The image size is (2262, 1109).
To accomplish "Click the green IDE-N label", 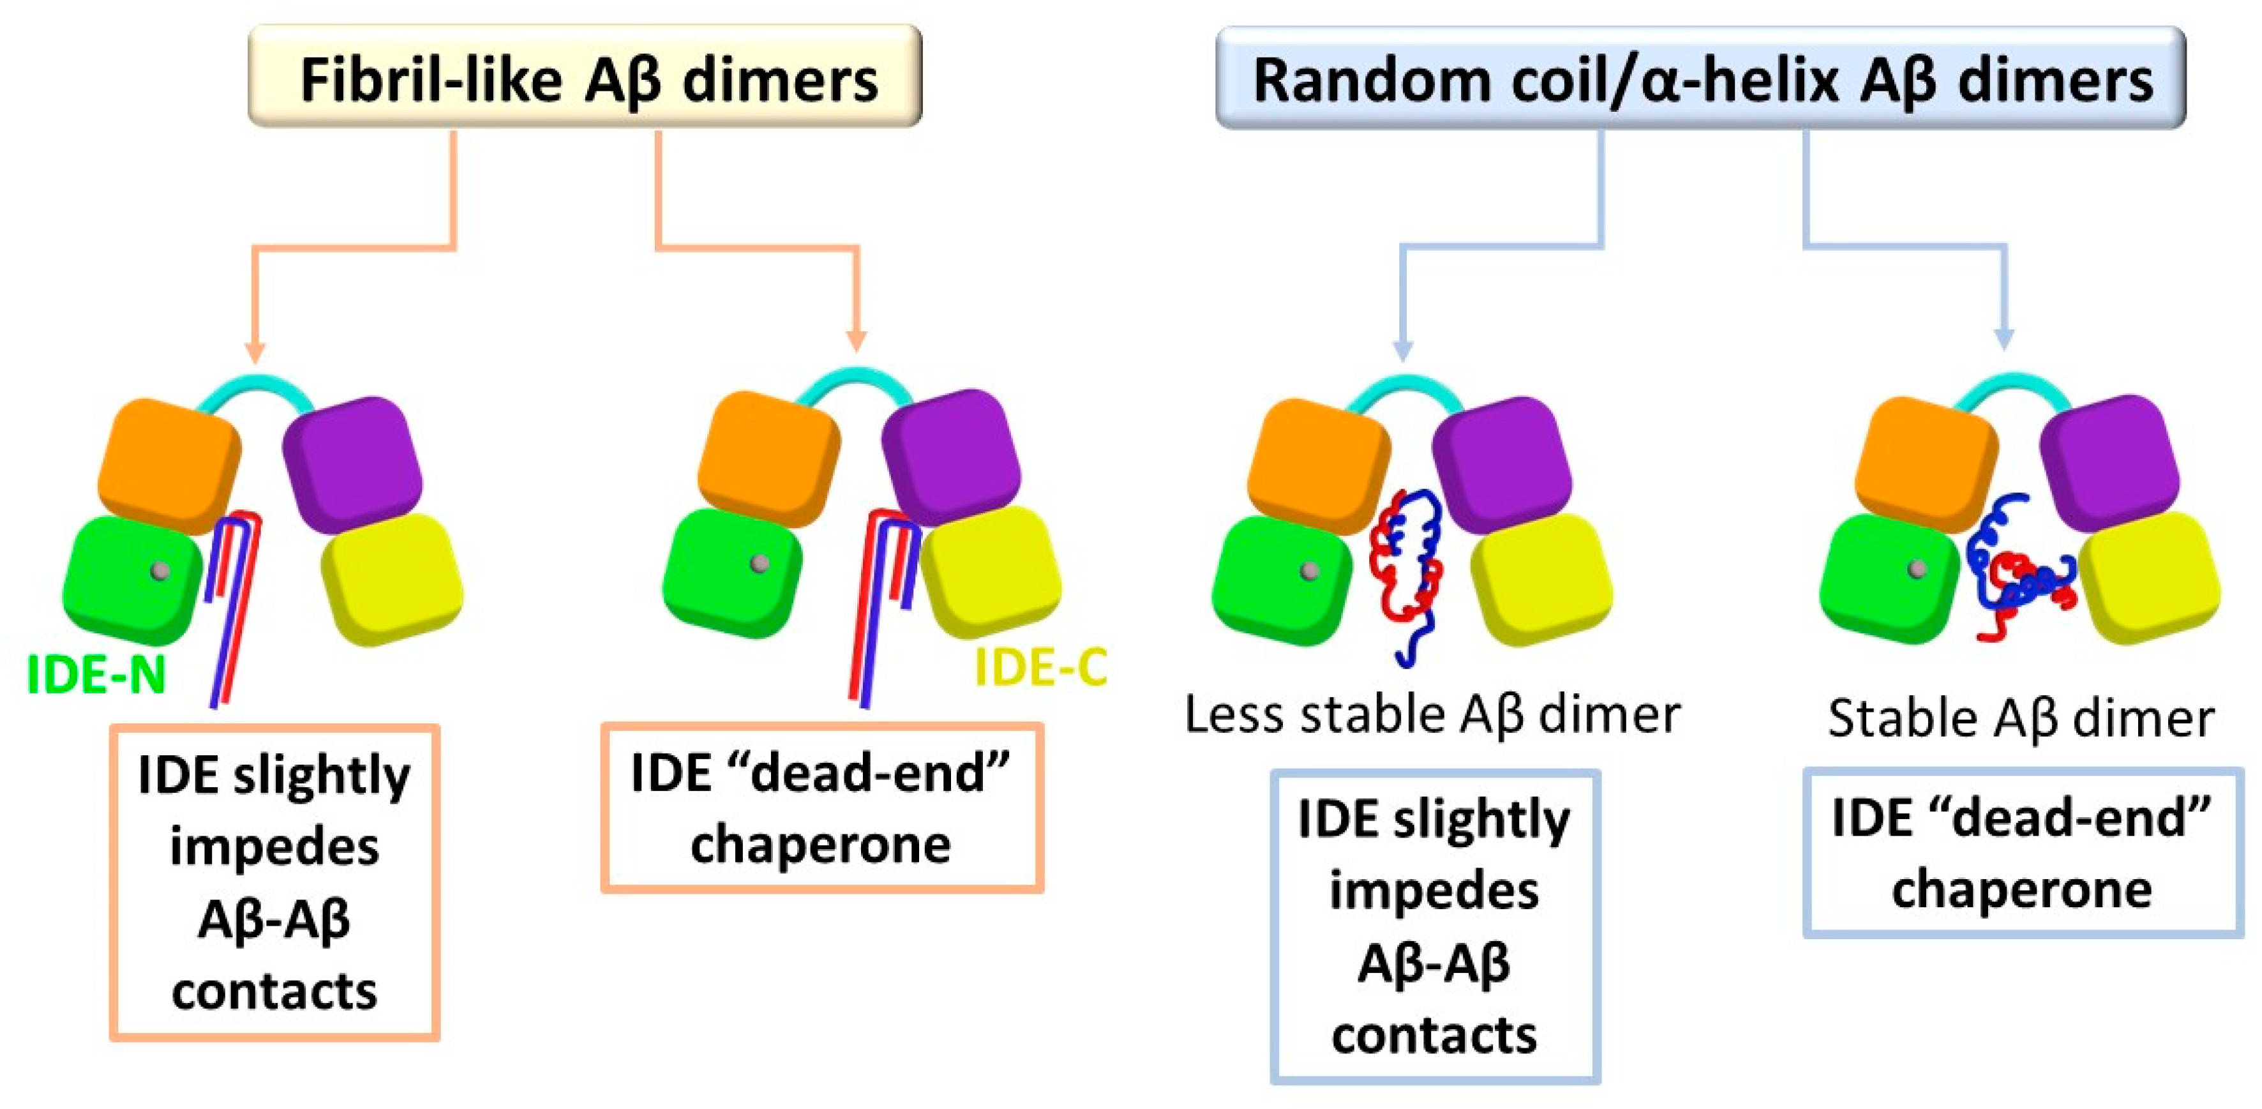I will [x=96, y=674].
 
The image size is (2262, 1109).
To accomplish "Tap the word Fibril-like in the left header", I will [x=430, y=79].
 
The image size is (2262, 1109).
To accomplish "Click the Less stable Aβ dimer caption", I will [x=1432, y=714].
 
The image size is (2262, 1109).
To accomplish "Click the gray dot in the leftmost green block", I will [x=160, y=571].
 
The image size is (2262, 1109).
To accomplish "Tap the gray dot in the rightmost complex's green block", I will [x=1918, y=569].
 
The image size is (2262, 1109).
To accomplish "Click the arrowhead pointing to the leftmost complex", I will [x=255, y=351].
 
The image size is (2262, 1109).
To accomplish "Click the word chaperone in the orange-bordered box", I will [x=820, y=845].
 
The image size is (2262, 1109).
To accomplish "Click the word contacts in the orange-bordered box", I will [x=274, y=992].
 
